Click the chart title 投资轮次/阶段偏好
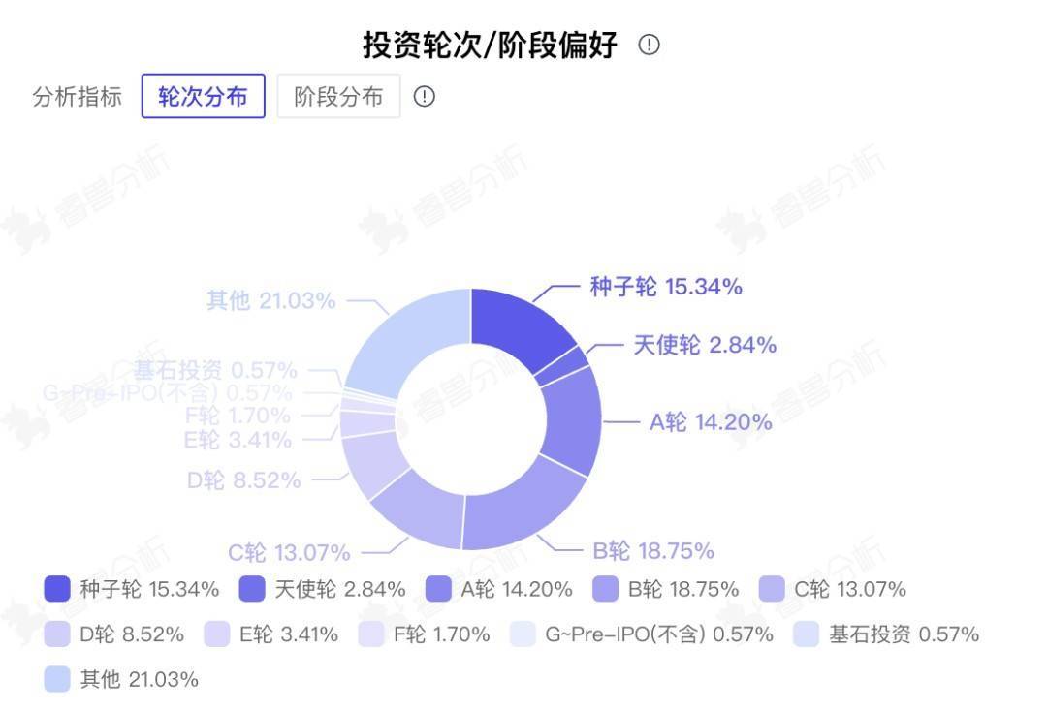click(x=490, y=46)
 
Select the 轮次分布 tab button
click(x=204, y=97)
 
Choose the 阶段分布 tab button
click(x=338, y=97)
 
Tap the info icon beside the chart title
click(x=650, y=45)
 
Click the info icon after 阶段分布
click(x=425, y=97)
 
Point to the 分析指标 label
click(x=78, y=97)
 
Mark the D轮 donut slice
click(x=373, y=464)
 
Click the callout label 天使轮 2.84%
click(x=705, y=345)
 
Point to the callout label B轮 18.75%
click(x=653, y=551)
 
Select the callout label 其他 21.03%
click(x=271, y=301)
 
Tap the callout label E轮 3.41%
click(x=238, y=441)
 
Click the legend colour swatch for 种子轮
click(x=57, y=589)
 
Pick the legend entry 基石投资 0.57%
click(x=886, y=634)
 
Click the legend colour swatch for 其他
click(x=57, y=679)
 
